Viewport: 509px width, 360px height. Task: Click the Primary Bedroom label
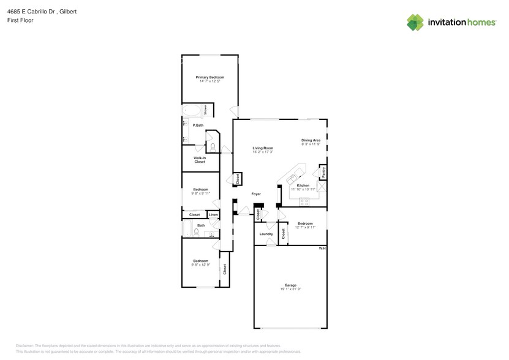click(209, 77)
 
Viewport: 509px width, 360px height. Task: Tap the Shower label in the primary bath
click(205, 110)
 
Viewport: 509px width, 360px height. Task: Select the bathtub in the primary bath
click(191, 111)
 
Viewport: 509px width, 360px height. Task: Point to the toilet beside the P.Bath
click(212, 146)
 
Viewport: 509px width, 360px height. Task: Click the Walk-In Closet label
click(199, 160)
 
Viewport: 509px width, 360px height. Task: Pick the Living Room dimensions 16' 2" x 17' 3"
click(263, 152)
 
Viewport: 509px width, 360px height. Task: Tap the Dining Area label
click(311, 140)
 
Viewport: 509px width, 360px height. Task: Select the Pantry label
click(323, 173)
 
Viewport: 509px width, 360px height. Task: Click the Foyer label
click(256, 194)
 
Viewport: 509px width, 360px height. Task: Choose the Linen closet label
click(213, 215)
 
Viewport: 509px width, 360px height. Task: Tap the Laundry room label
click(266, 234)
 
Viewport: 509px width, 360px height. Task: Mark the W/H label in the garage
click(322, 248)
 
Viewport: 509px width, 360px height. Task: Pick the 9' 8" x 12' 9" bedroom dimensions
click(201, 264)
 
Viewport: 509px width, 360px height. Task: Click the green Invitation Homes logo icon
click(415, 22)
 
